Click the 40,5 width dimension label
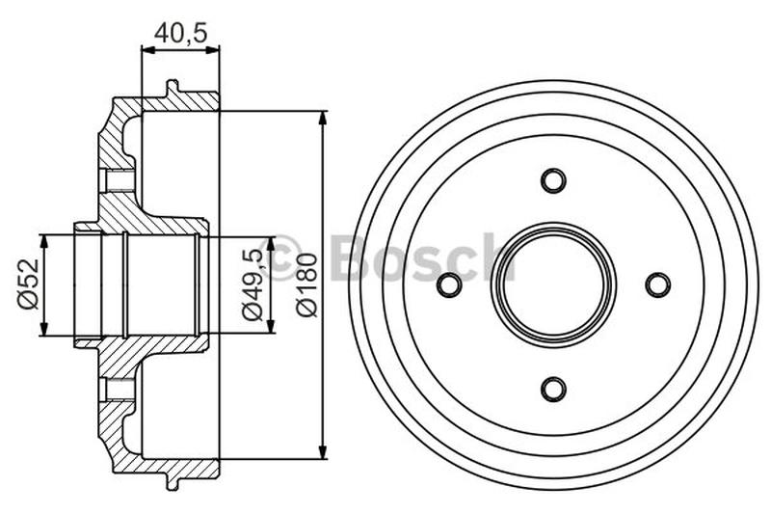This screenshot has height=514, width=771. click(x=181, y=32)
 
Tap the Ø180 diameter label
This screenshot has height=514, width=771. click(x=306, y=285)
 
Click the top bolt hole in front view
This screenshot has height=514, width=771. click(x=553, y=180)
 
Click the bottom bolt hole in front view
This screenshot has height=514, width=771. click(x=553, y=389)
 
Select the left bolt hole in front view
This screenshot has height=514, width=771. click(x=449, y=284)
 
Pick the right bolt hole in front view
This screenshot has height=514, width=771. click(x=657, y=284)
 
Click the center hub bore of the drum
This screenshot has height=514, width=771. click(x=553, y=284)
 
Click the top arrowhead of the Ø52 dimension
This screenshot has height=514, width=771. click(x=42, y=238)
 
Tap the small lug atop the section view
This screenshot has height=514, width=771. click(x=173, y=88)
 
